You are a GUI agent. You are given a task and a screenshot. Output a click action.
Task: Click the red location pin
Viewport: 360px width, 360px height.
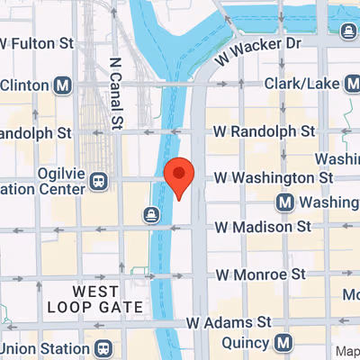point(179,176)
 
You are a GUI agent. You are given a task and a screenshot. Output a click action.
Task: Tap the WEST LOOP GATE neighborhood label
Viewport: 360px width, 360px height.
point(107,299)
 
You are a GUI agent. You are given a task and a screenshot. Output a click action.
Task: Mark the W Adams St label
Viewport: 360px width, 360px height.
point(229,321)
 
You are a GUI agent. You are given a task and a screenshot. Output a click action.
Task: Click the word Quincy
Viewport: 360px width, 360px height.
point(246,343)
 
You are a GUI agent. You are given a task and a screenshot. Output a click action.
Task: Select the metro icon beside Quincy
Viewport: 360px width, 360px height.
point(284,343)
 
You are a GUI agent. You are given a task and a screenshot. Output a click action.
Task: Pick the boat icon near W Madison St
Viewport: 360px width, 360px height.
point(151,214)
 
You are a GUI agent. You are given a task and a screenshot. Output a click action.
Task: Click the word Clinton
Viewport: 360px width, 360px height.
point(24,85)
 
